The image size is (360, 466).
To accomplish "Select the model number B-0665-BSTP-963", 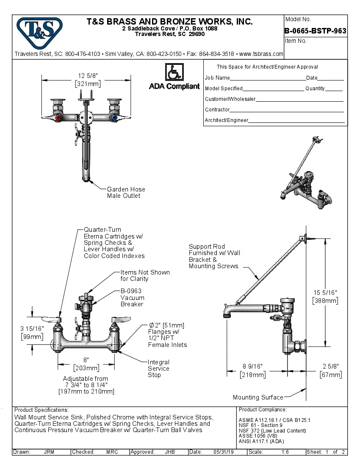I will click(316, 31).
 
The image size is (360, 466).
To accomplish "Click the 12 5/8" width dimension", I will click(88, 80).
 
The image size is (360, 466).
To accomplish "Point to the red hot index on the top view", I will click(59, 117).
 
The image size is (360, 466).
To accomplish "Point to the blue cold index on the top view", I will click(113, 117).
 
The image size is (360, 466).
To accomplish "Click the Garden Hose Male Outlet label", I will click(126, 192).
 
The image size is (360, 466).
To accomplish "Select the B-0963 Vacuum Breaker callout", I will click(132, 297).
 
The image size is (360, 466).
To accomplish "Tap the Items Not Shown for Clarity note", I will click(145, 275).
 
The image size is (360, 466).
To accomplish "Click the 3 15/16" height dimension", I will click(32, 333).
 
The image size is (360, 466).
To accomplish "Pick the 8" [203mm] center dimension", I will click(86, 364).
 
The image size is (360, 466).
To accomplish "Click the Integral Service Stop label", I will click(158, 369).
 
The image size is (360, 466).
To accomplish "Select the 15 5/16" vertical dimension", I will click(325, 297).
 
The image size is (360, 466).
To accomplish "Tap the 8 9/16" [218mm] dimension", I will click(253, 371).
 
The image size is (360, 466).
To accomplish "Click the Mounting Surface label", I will click(258, 397).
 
